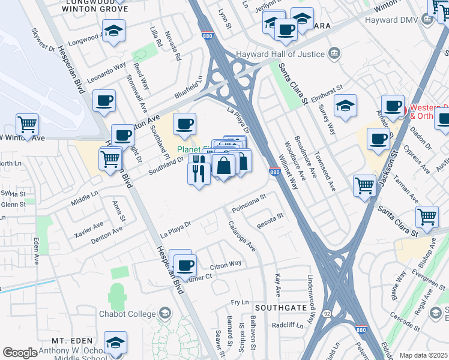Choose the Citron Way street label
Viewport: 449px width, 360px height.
pyautogui.click(x=225, y=263)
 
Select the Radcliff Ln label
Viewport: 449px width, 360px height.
pyautogui.click(x=286, y=325)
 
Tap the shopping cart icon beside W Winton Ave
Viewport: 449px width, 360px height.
pyautogui.click(x=28, y=124)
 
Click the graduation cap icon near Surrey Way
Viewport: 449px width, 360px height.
pyautogui.click(x=345, y=106)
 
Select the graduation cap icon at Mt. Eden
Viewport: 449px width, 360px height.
pyautogui.click(x=115, y=342)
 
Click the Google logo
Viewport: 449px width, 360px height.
pyautogui.click(x=20, y=353)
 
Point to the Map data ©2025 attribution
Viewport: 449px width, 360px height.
pyautogui.click(x=423, y=355)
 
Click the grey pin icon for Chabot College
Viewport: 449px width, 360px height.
pyautogui.click(x=164, y=313)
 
